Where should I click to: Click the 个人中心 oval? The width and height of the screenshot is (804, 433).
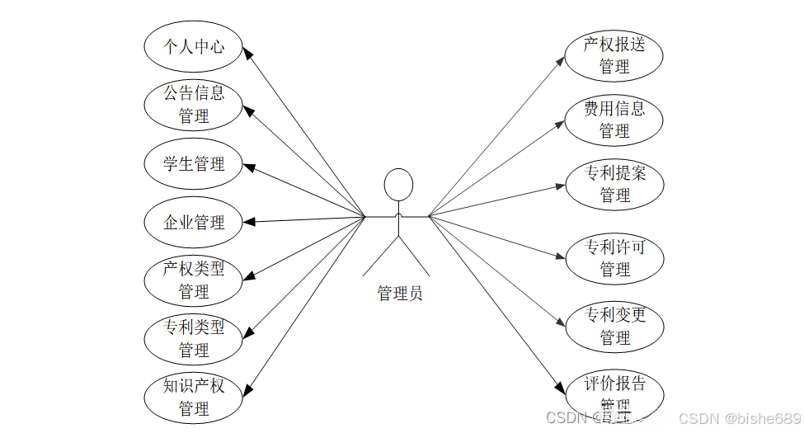point(194,46)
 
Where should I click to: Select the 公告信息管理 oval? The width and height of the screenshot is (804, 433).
point(194,104)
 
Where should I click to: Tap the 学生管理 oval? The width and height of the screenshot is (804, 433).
point(194,163)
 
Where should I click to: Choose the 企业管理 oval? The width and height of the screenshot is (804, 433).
point(194,222)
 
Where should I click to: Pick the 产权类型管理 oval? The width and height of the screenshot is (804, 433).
point(194,280)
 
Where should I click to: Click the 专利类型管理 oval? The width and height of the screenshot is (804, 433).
point(194,338)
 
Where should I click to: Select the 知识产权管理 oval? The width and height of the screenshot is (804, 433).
point(194,397)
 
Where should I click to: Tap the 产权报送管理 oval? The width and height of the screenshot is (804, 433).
point(614,56)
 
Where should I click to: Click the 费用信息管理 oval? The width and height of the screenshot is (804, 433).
point(614,120)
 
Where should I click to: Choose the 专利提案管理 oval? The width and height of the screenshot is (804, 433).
point(614,185)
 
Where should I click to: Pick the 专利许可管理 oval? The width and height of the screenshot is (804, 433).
point(614,258)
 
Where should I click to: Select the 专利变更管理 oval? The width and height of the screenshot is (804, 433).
point(614,327)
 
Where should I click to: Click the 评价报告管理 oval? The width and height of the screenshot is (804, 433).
point(614,394)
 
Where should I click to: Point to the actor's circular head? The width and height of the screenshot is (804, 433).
point(398,184)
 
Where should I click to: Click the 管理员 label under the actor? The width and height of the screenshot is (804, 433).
point(399,293)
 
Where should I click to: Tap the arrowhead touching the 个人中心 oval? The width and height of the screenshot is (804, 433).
point(249,51)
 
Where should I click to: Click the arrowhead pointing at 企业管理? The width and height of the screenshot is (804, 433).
point(250,221)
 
